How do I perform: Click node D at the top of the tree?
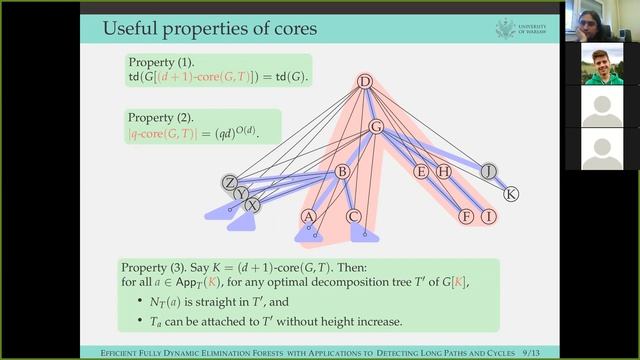click(365, 82)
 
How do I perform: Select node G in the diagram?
click(376, 127)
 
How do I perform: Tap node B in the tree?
click(341, 172)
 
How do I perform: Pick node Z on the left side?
click(230, 182)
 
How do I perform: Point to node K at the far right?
click(511, 194)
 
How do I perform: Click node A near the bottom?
click(308, 216)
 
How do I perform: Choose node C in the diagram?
click(354, 216)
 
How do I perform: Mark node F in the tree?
click(466, 216)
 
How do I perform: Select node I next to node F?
click(488, 216)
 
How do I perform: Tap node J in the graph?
click(488, 171)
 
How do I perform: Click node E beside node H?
click(421, 171)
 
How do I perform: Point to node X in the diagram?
click(252, 204)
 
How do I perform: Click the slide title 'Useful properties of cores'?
click(209, 28)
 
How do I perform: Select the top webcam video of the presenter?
click(601, 20)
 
